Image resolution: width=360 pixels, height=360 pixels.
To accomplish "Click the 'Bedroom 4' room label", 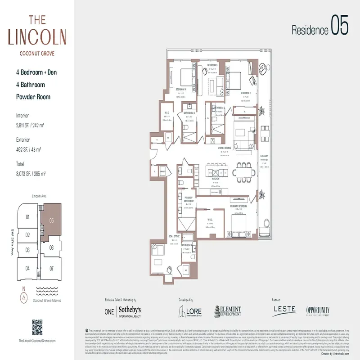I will [x=182, y=89].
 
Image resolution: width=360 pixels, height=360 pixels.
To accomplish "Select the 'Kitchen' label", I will [x=216, y=179].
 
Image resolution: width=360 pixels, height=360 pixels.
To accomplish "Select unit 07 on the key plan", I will [x=52, y=268].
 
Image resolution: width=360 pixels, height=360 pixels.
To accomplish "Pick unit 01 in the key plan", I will [x=27, y=217].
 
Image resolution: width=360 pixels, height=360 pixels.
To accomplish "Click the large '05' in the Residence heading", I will [x=339, y=25].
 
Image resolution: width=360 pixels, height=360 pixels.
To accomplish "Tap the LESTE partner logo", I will [x=284, y=310].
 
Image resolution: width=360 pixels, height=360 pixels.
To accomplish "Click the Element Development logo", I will [x=227, y=311].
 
